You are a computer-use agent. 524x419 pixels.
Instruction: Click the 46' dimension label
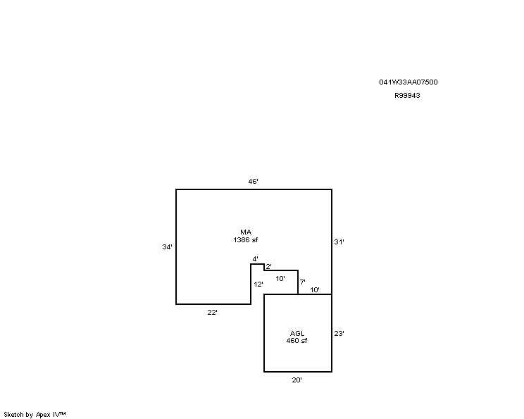tap(253, 182)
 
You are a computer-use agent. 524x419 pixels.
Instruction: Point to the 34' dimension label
tap(167, 247)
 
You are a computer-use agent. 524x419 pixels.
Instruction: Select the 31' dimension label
tap(339, 242)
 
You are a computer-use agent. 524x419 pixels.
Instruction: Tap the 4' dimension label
tap(256, 259)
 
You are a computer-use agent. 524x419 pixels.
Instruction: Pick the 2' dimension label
tap(268, 267)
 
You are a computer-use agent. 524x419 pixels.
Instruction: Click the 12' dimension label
tap(258, 284)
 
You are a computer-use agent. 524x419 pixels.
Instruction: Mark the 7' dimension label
tap(302, 282)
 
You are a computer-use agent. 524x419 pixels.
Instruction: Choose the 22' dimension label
tap(212, 312)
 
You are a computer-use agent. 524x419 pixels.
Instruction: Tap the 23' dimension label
tap(339, 334)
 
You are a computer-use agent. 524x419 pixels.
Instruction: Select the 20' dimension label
tap(297, 380)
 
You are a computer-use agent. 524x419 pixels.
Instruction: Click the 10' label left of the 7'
tap(280, 279)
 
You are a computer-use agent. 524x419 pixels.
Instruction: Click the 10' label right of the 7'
tap(315, 289)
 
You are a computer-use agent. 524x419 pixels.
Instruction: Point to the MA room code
tap(246, 232)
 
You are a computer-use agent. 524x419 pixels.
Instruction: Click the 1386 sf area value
tap(246, 240)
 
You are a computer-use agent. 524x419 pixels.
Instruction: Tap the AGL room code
tap(297, 333)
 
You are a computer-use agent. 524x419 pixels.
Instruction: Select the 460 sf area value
tap(297, 341)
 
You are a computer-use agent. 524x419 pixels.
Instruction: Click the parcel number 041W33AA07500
tap(408, 82)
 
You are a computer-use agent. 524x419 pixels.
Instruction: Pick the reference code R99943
tap(407, 96)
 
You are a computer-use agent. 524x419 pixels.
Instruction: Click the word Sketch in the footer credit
tap(13, 415)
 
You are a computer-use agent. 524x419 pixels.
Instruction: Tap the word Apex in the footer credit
tap(43, 415)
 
